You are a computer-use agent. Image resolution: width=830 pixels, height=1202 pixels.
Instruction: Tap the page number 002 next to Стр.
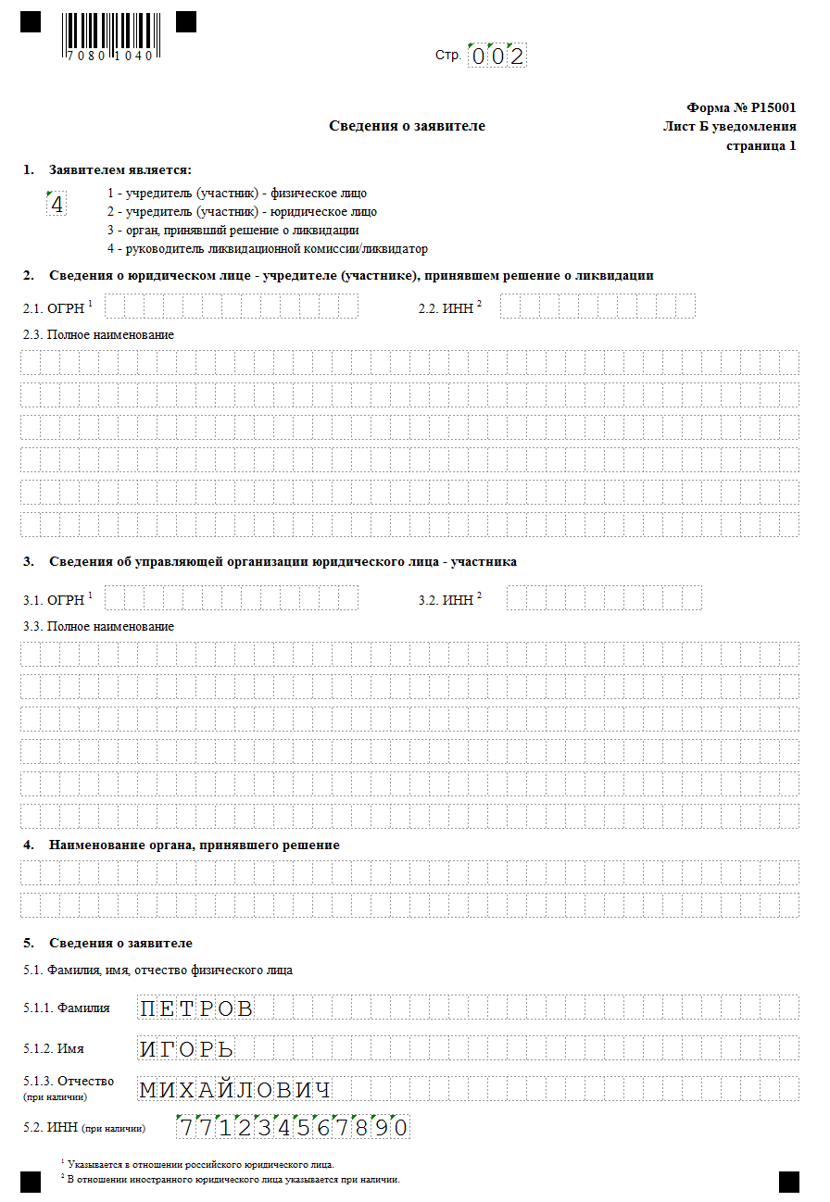pos(497,56)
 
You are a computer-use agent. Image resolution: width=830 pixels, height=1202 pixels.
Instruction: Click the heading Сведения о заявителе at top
pos(407,126)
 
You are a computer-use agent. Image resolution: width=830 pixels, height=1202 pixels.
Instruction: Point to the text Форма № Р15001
pos(741,107)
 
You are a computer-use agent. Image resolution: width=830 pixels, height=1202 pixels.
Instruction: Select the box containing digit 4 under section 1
pos(57,205)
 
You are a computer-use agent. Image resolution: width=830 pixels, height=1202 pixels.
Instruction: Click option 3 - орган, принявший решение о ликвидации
pos(233,230)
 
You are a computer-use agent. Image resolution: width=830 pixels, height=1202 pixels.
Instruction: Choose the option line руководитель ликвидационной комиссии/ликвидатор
pos(267,248)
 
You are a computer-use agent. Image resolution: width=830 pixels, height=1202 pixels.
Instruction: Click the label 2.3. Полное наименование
pos(98,334)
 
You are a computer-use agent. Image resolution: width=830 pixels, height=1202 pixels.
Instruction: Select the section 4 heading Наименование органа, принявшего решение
pos(195,845)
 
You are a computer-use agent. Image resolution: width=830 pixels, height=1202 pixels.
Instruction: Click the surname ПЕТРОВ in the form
pos(195,1008)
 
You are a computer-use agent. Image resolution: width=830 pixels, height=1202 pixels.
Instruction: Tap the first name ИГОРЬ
pos(186,1049)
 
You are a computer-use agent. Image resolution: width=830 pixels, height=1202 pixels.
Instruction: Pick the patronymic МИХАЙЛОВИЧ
pos(235,1090)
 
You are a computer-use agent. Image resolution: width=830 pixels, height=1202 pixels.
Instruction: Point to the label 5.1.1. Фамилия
pos(67,1008)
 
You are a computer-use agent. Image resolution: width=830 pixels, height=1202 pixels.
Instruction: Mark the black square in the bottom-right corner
pos(788,1181)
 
